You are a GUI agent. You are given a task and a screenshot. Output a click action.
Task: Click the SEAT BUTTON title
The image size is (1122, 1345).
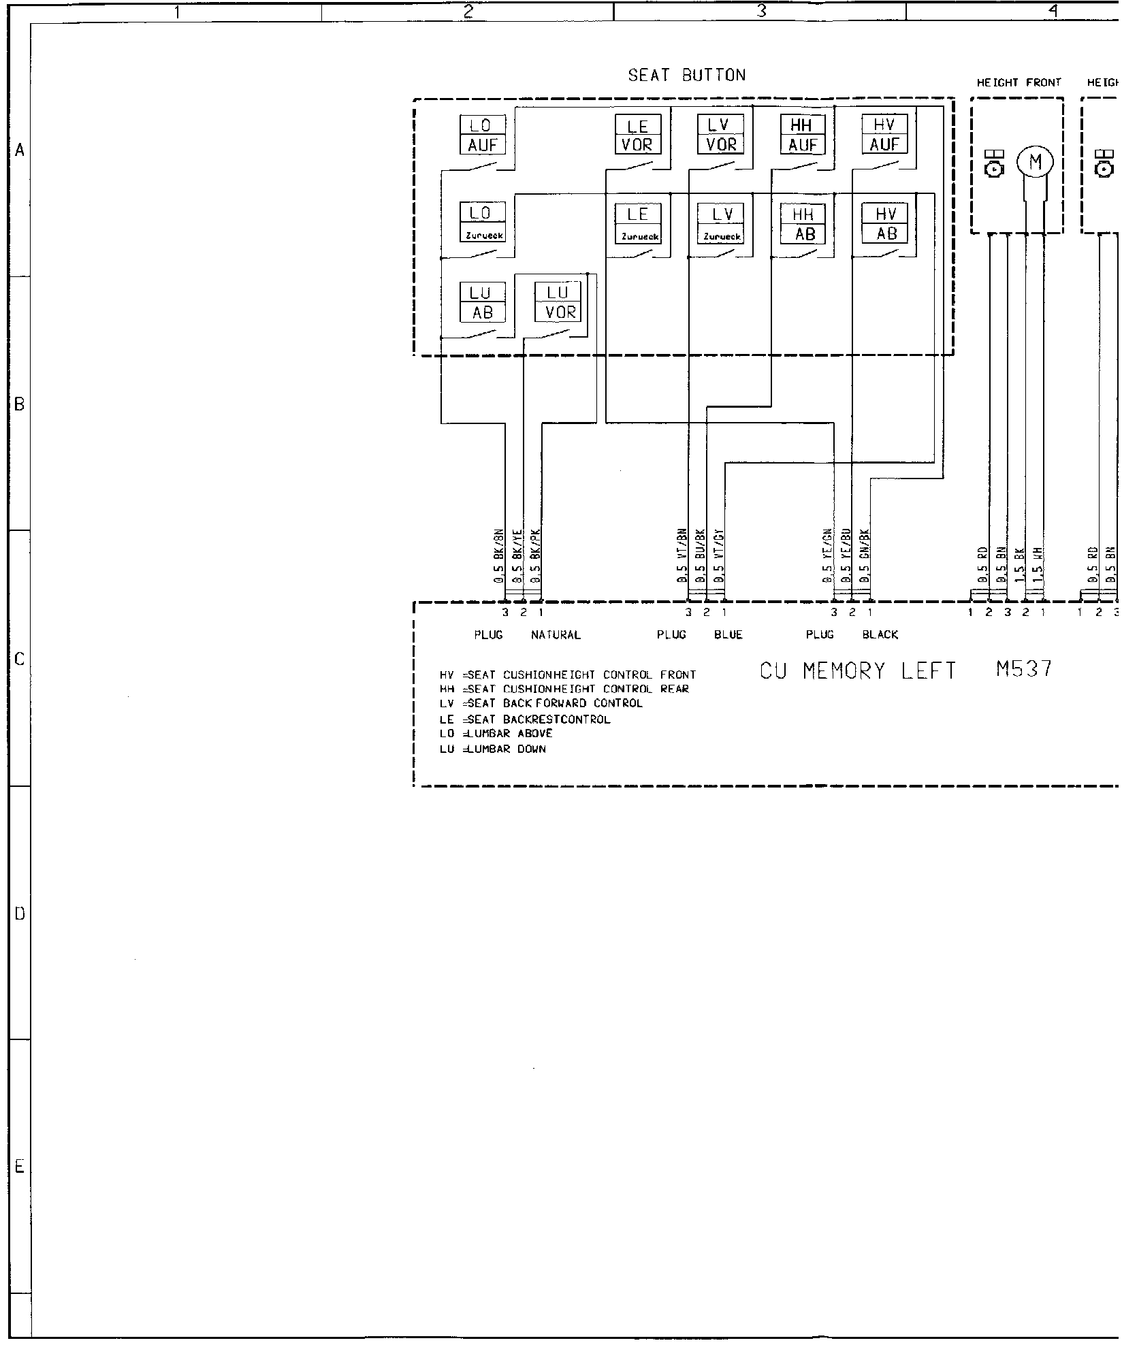tap(686, 75)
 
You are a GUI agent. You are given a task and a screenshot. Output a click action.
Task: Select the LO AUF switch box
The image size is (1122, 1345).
tap(483, 135)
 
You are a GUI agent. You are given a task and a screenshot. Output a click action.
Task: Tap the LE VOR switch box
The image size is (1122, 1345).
tap(637, 135)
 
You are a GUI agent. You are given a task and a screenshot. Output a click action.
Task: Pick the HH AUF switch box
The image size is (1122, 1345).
tap(803, 135)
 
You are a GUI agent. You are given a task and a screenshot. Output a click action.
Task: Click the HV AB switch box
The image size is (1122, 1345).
tap(885, 224)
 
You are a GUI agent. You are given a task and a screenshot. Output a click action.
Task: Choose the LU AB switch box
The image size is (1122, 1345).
tap(483, 302)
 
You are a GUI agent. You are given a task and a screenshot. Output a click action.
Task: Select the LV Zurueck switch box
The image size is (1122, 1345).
tap(721, 224)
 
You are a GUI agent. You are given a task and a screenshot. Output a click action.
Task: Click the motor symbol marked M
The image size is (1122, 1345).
tap(1036, 163)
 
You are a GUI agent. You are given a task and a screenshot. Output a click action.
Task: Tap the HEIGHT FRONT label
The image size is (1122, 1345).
tap(1019, 82)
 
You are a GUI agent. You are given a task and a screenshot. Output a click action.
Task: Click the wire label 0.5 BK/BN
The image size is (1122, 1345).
tap(498, 556)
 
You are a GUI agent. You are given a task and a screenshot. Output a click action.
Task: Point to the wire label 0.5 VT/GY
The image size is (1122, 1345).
tap(720, 556)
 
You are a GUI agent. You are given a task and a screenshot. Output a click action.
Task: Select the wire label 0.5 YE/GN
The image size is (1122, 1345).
tap(828, 556)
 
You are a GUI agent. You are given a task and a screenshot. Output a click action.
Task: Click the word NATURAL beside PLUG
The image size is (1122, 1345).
tap(556, 635)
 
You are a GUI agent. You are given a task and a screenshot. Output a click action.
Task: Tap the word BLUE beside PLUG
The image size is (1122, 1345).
tap(728, 635)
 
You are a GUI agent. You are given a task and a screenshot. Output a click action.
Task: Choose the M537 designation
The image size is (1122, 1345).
tap(1024, 670)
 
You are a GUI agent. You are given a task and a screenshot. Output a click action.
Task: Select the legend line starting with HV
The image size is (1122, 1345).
tap(568, 675)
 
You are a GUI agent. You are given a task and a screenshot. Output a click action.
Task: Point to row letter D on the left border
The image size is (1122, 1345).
tap(20, 913)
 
